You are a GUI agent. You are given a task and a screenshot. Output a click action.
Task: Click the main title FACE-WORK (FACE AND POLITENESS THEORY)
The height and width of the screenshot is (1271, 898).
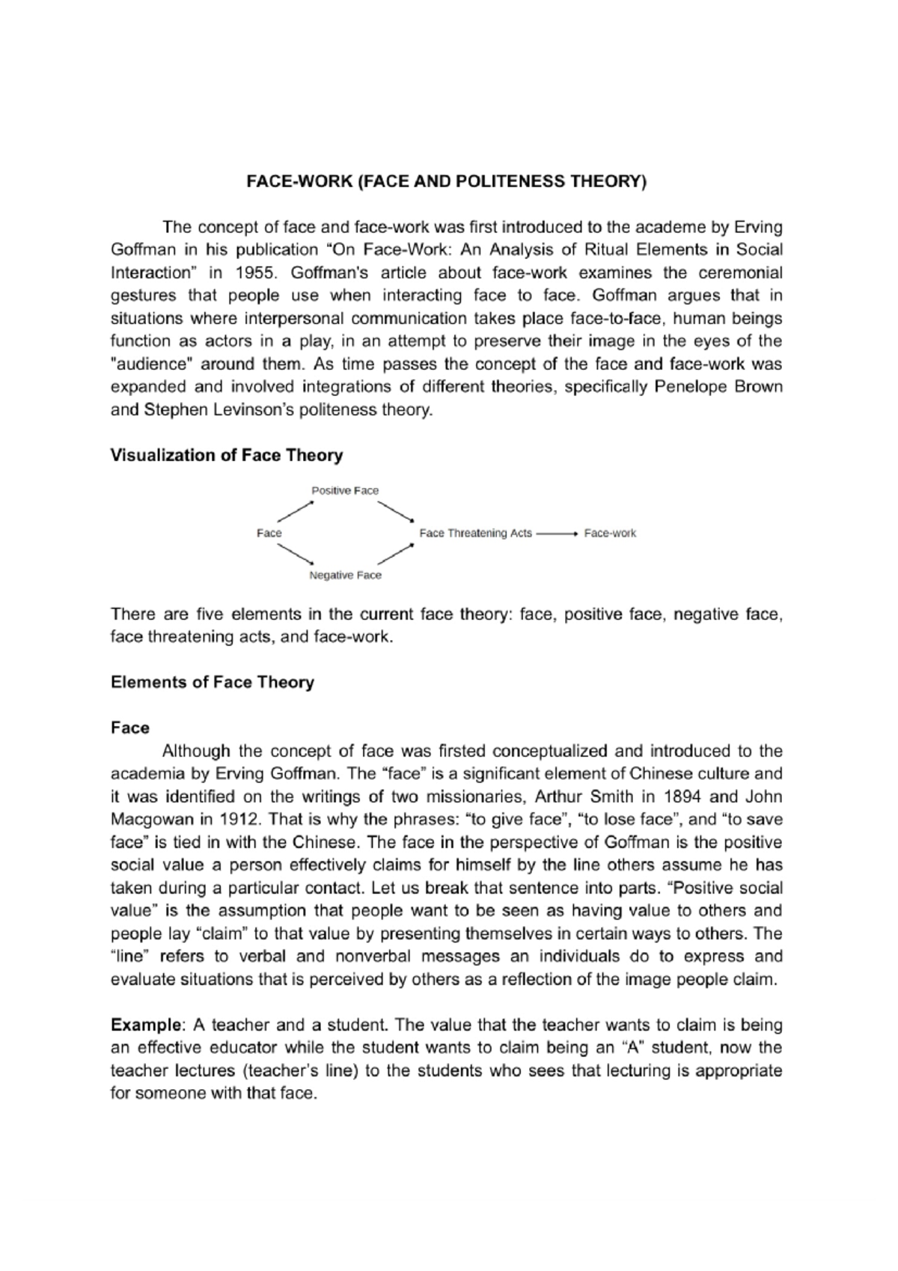tap(446, 182)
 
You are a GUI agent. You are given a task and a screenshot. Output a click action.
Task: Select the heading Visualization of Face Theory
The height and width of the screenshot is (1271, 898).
tap(226, 455)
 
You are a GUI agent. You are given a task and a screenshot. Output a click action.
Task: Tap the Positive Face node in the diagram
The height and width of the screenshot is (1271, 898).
tap(345, 490)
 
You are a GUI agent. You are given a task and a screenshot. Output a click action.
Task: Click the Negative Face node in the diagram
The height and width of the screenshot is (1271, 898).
tap(345, 575)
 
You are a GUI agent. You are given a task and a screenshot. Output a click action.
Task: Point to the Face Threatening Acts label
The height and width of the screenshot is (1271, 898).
tap(475, 533)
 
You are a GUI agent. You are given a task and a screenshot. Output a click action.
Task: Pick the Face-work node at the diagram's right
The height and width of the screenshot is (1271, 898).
tap(610, 533)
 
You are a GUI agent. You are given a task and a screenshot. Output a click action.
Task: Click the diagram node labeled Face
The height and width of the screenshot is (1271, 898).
tap(269, 533)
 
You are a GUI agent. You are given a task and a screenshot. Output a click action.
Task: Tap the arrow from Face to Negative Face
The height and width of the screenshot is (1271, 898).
tap(295, 555)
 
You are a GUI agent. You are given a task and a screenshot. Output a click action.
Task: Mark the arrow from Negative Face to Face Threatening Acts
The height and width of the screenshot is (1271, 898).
tap(396, 554)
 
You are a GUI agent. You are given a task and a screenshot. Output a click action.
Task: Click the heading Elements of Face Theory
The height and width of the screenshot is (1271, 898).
tap(212, 682)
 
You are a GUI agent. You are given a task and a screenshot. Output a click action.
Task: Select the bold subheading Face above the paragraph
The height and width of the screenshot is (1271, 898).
tap(129, 728)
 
